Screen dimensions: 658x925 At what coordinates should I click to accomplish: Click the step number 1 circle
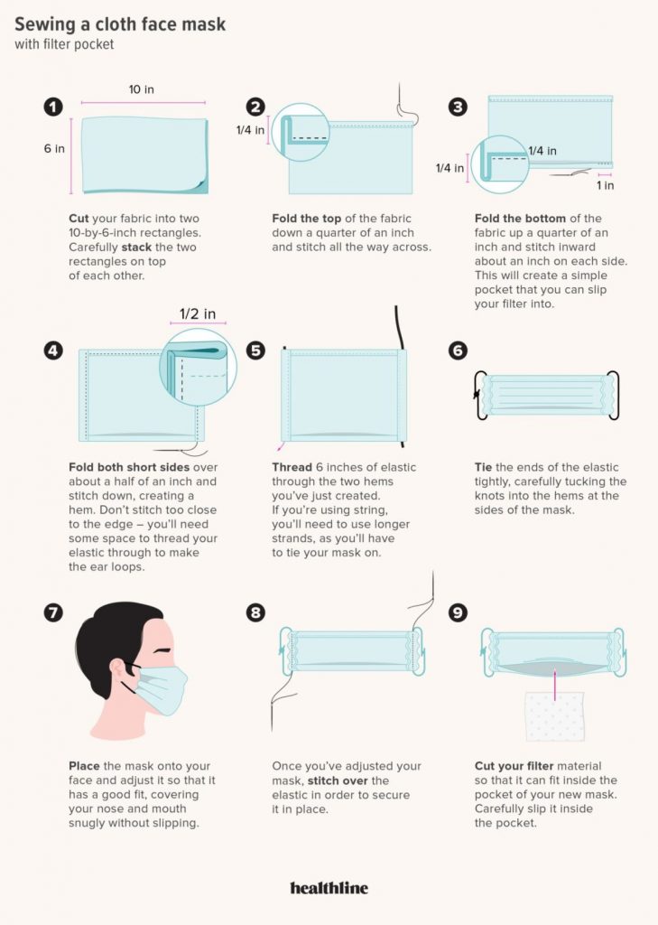tap(53, 107)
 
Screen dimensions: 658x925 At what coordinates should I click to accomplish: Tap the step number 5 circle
tap(255, 350)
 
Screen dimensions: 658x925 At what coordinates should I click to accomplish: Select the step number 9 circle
tap(458, 612)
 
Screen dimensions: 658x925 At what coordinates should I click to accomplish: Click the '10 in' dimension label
tap(142, 89)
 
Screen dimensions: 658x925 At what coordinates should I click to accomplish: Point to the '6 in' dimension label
tap(54, 148)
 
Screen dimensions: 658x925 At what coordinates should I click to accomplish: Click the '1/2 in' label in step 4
tap(198, 313)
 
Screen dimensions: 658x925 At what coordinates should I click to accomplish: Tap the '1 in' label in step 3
tap(605, 185)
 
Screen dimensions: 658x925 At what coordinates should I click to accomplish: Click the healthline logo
tap(329, 888)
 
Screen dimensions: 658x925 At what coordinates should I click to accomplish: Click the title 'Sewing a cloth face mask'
tap(120, 24)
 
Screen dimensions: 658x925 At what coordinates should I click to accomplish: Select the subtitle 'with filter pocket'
tap(64, 44)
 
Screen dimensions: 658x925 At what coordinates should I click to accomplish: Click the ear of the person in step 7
tap(116, 668)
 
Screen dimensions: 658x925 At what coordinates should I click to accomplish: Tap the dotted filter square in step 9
tap(555, 716)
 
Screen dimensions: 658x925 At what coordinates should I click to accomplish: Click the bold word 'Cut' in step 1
tap(79, 219)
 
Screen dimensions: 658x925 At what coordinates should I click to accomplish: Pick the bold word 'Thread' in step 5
tap(292, 467)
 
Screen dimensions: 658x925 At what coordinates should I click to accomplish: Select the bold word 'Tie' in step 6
tap(484, 467)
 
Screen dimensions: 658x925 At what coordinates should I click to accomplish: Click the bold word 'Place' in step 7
tap(84, 766)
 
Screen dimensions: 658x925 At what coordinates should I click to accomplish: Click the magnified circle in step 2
tap(300, 132)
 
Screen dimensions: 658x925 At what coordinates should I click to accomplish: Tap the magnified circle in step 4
tap(198, 367)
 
